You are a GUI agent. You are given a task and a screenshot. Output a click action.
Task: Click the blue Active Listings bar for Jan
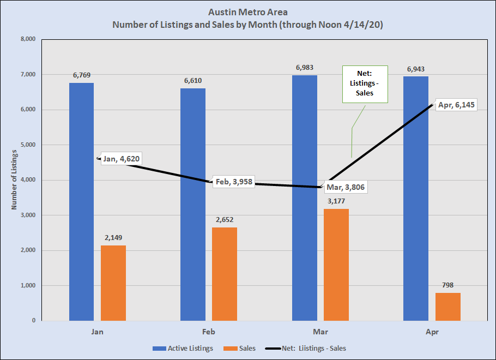[x=81, y=202]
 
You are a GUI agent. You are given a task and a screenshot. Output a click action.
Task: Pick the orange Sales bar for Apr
[x=447, y=307]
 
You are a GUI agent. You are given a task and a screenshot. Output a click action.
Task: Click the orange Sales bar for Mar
[x=336, y=265]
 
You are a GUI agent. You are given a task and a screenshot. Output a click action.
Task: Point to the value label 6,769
[x=81, y=75]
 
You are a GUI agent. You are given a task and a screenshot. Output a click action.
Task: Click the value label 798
[x=447, y=285]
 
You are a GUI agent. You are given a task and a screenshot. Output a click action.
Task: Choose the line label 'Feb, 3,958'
[x=234, y=182]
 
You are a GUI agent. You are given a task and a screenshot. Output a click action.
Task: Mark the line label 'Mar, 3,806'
[x=346, y=187]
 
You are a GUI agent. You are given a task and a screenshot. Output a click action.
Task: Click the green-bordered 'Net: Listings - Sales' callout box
[x=364, y=84]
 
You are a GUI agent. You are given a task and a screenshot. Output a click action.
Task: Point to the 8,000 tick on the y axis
[x=27, y=39]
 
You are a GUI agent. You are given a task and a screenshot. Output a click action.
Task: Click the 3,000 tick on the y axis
[x=27, y=215]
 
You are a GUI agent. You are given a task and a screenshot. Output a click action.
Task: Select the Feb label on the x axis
[x=208, y=332]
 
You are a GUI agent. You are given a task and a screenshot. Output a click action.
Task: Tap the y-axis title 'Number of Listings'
[x=14, y=180]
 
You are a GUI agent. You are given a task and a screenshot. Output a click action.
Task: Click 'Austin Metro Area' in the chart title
[x=248, y=12]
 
